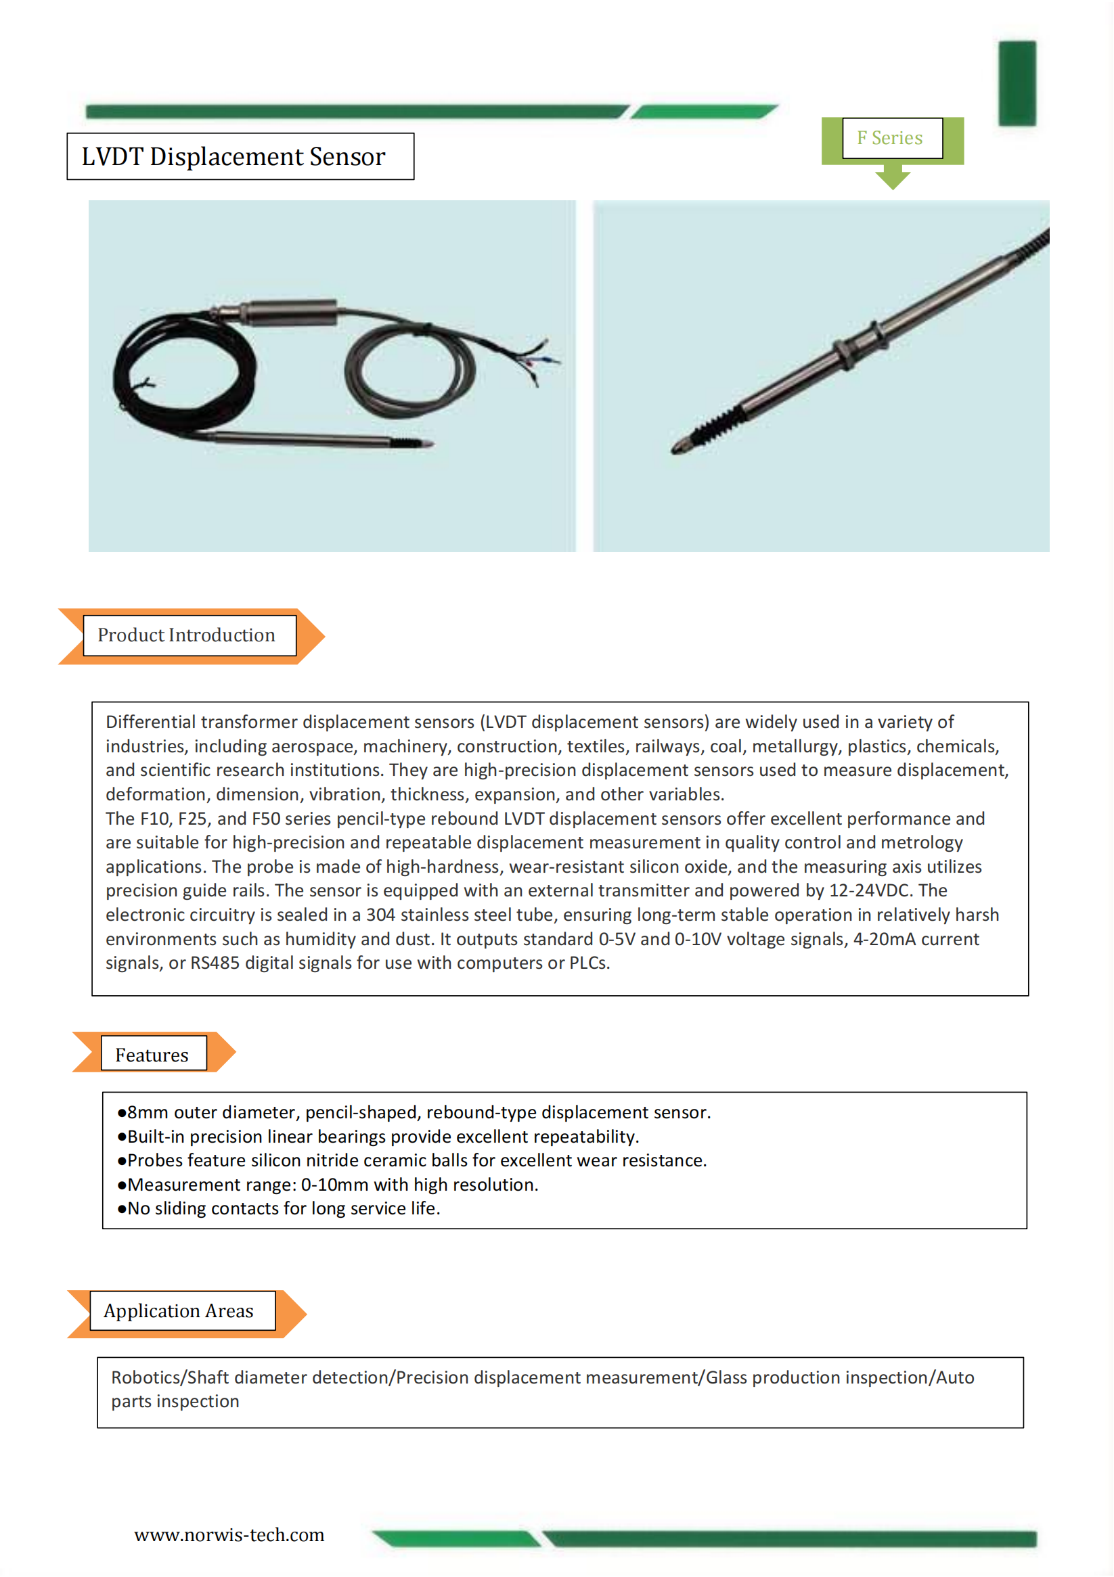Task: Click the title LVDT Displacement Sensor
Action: tap(233, 156)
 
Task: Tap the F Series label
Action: tap(889, 138)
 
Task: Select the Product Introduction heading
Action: tap(186, 635)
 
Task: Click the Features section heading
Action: tap(152, 1055)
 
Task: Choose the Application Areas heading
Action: tap(179, 1311)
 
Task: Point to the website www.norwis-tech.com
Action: tap(229, 1535)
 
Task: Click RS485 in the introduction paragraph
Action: tap(215, 963)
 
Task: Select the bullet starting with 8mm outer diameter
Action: tap(414, 1113)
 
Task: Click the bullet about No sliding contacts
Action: tap(278, 1209)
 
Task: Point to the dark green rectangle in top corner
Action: tap(1017, 83)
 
